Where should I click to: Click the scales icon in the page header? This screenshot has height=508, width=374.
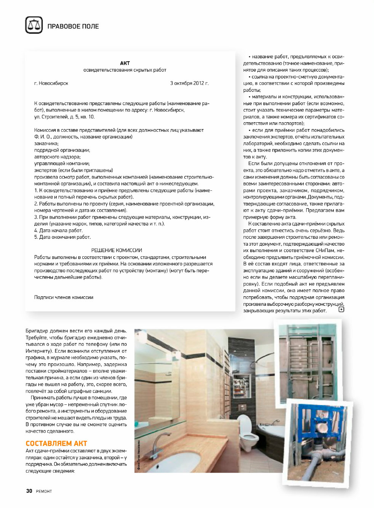point(34,25)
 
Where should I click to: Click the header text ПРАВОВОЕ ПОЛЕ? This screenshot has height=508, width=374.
point(73,26)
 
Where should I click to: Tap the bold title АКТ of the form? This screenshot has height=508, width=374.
point(125,63)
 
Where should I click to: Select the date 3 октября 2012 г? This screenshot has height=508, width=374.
point(189,83)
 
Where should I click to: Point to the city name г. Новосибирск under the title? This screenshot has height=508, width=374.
point(51,83)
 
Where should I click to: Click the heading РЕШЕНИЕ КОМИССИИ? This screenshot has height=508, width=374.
point(117,250)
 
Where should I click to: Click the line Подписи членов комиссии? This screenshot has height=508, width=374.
point(64,297)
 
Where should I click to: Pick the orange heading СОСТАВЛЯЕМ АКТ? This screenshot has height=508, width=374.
point(56,443)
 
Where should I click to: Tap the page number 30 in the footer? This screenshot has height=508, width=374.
point(29,491)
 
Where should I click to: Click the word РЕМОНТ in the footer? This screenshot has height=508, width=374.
point(44,491)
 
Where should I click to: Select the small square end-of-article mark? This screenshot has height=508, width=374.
point(341,309)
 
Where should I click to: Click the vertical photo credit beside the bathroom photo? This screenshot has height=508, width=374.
point(139,455)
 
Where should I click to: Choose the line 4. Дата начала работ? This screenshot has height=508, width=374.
point(58,230)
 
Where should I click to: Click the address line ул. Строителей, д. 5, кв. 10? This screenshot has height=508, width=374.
point(64,117)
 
